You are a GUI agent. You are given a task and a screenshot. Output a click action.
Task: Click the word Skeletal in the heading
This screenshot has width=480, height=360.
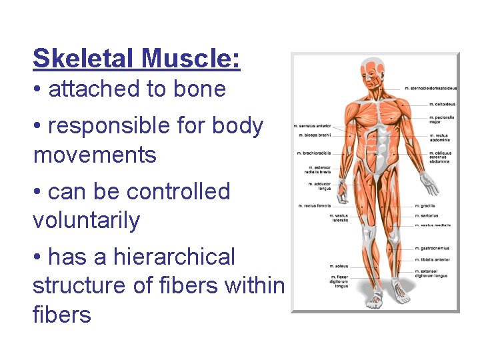(x=77, y=59)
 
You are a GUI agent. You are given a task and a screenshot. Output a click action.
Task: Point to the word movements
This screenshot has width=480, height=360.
(x=95, y=155)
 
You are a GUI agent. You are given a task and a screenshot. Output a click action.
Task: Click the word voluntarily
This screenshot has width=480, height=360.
(x=86, y=221)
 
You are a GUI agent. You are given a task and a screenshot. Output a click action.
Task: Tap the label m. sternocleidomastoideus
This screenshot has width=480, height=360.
(x=432, y=88)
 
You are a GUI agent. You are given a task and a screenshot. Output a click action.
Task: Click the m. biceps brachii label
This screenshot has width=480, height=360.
(x=315, y=134)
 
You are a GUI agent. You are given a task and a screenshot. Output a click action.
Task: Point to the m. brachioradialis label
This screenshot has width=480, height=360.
(x=314, y=153)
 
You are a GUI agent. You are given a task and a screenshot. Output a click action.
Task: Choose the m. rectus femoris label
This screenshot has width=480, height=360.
(x=314, y=205)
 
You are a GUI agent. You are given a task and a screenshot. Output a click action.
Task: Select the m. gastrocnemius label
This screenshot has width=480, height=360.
(x=432, y=248)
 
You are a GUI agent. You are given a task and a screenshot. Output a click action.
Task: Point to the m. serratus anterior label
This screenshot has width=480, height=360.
(x=313, y=125)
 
